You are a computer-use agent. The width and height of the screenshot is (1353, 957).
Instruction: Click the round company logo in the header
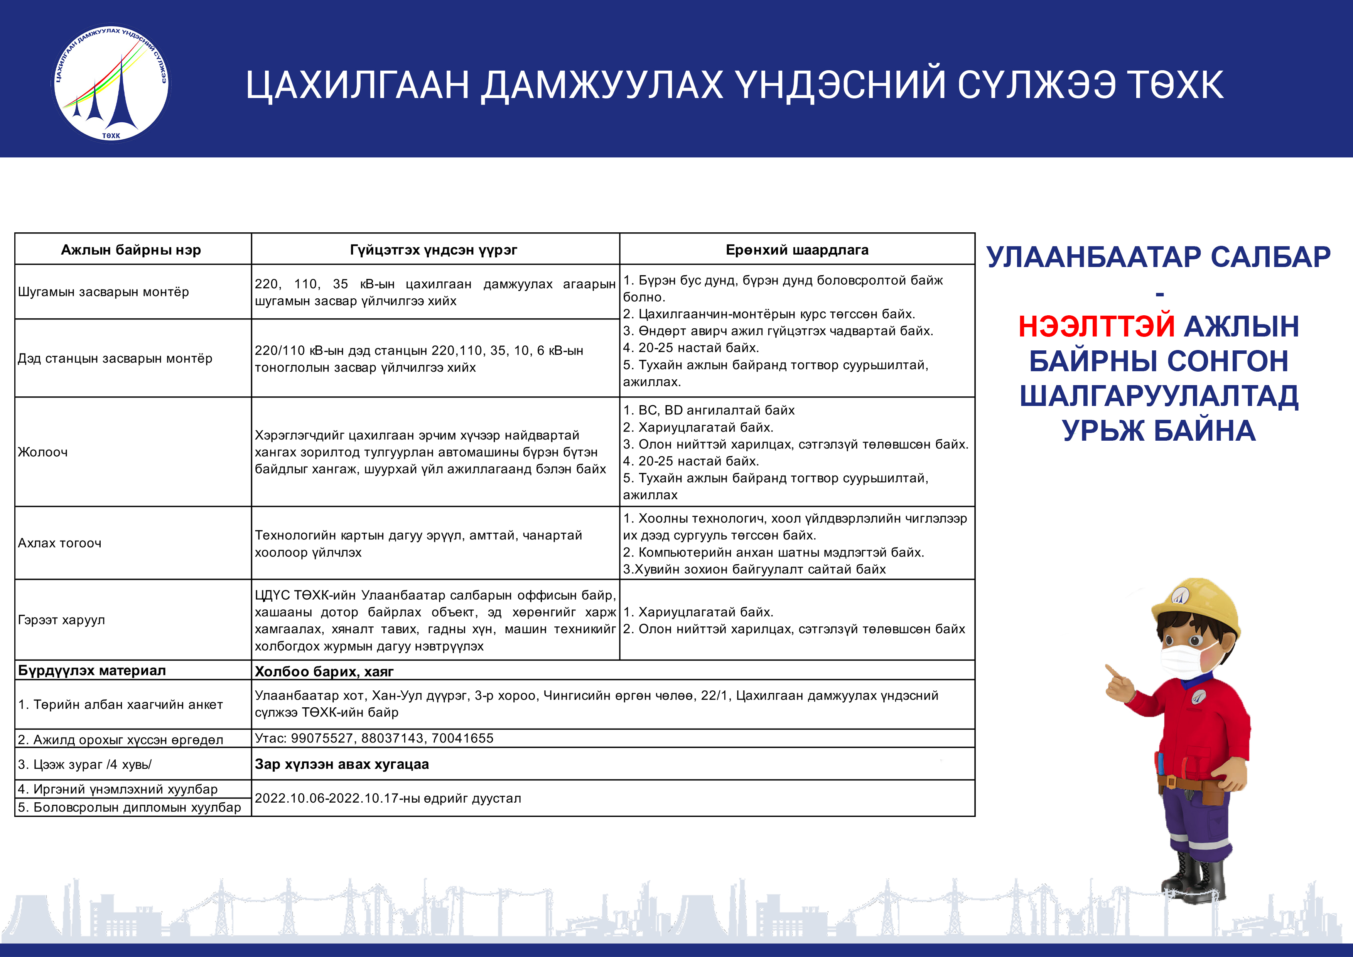[x=110, y=83]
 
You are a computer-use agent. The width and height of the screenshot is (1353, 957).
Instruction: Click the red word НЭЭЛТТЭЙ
[x=1097, y=326]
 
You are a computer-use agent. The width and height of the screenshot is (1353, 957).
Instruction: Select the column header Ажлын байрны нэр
[x=131, y=250]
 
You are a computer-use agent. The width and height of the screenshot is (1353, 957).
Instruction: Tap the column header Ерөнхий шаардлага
[x=797, y=250]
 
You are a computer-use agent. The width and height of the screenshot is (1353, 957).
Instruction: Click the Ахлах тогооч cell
[x=59, y=543]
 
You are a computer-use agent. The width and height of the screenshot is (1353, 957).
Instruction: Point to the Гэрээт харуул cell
[x=61, y=620]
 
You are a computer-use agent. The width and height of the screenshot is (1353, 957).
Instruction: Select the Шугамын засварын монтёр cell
[x=103, y=292]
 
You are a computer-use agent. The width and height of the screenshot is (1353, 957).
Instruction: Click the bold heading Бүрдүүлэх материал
[x=92, y=670]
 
